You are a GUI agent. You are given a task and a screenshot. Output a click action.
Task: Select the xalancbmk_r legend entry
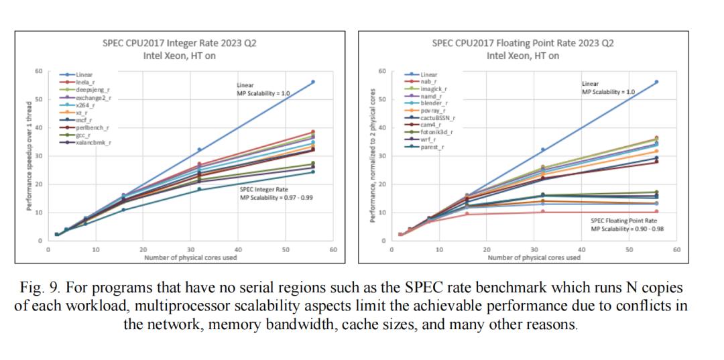(x=93, y=143)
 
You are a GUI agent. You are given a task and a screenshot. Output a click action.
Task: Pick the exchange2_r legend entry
(x=93, y=97)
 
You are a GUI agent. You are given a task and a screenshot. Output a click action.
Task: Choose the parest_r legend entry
(x=432, y=147)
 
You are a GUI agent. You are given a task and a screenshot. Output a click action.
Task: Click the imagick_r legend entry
(x=434, y=88)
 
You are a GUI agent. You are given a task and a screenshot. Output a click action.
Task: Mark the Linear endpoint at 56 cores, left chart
(x=312, y=82)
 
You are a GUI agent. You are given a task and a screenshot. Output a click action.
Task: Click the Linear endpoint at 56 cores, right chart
(x=656, y=82)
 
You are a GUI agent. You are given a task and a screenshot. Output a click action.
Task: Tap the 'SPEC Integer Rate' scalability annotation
(x=276, y=194)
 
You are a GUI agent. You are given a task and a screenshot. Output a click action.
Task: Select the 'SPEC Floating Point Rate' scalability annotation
(x=627, y=225)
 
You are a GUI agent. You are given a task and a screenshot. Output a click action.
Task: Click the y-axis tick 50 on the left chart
(x=39, y=99)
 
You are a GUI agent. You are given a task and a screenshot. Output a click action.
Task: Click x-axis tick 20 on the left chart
(x=143, y=250)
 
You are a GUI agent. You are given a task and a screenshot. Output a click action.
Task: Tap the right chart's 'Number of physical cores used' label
(x=534, y=257)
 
